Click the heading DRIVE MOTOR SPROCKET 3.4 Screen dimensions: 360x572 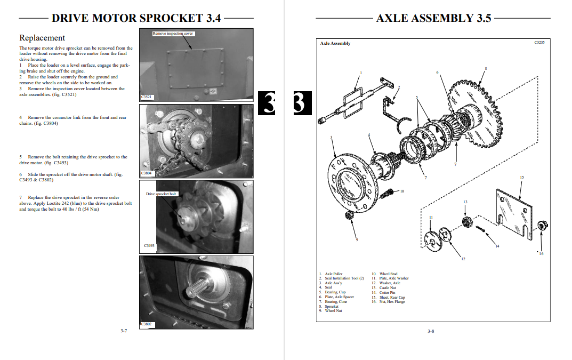(x=136, y=18)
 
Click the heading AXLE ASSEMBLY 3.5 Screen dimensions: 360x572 (x=433, y=18)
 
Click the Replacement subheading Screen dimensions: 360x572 (x=42, y=38)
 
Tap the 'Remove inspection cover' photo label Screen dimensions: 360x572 (x=173, y=34)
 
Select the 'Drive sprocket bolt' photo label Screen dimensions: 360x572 (x=161, y=194)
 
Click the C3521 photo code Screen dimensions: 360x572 (x=147, y=97)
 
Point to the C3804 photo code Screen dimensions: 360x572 (x=147, y=173)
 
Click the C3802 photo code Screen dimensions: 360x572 (x=147, y=324)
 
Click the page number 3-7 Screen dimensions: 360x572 (x=124, y=331)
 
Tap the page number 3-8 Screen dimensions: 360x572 (x=431, y=331)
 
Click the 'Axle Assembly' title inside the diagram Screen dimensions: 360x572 (x=335, y=43)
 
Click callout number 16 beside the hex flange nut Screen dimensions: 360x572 (x=541, y=253)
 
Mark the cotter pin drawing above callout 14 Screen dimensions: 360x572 (x=481, y=229)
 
